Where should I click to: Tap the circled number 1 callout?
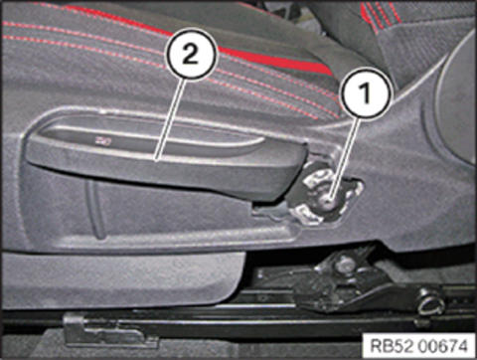pos(365,92)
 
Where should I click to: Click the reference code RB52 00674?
pos(418,345)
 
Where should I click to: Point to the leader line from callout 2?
pos(168,120)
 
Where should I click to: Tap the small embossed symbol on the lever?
pos(103,142)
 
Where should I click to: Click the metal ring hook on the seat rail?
pos(430,304)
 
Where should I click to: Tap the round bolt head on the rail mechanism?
pos(345,264)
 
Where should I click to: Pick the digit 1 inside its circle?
pos(366,92)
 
